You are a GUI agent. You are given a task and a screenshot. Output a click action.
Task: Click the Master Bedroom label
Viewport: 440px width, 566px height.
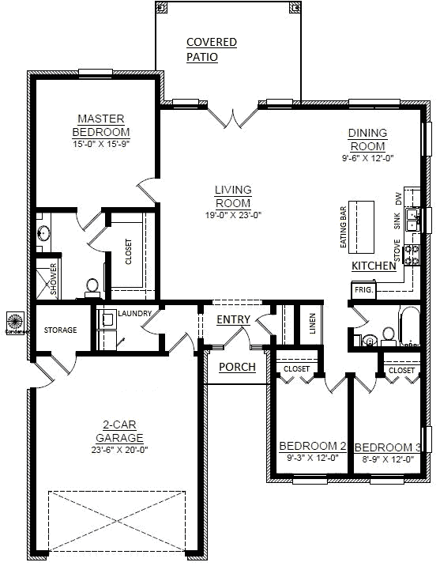100,126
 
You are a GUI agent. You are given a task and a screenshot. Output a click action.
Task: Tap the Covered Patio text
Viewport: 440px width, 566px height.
211,49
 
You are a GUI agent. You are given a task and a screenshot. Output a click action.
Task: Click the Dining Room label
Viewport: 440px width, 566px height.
367,140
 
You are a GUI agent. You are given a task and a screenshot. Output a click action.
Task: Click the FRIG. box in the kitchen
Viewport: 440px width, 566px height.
364,290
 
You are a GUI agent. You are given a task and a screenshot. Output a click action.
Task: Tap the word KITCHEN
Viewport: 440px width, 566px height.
374,266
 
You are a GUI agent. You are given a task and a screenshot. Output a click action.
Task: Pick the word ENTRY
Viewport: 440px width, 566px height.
233,319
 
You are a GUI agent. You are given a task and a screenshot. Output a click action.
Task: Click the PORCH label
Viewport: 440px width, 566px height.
237,367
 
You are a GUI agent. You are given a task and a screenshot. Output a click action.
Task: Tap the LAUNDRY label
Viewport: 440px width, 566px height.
134,314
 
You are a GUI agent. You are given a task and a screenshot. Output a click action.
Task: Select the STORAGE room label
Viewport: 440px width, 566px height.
60,330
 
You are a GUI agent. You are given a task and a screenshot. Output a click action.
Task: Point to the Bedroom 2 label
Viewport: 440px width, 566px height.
313,447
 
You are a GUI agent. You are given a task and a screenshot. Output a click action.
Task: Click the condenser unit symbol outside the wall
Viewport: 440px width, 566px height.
14,322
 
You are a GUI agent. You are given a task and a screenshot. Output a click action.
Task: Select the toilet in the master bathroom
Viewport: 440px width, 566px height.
92,285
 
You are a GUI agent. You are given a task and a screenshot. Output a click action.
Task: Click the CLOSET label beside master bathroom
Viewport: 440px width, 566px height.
129,252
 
